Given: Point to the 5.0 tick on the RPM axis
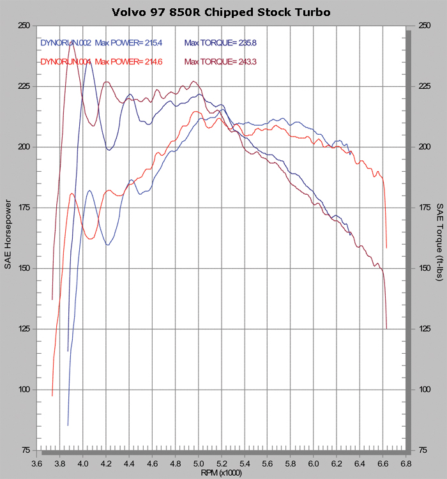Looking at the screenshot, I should coord(199,462).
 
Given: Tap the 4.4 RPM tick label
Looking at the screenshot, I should coord(129,462).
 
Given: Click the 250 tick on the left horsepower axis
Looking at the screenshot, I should coord(24,26).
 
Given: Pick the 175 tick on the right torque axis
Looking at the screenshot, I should coord(423,208).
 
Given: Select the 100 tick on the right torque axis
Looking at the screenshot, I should coord(423,390).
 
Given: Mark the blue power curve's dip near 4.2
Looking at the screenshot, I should coord(108,245).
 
